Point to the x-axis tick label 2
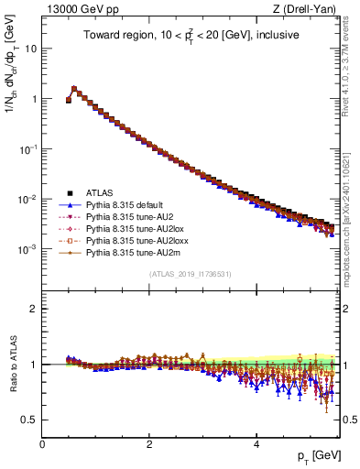tap(148, 443)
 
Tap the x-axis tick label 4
tap(256, 443)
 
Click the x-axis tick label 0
tap(42, 443)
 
